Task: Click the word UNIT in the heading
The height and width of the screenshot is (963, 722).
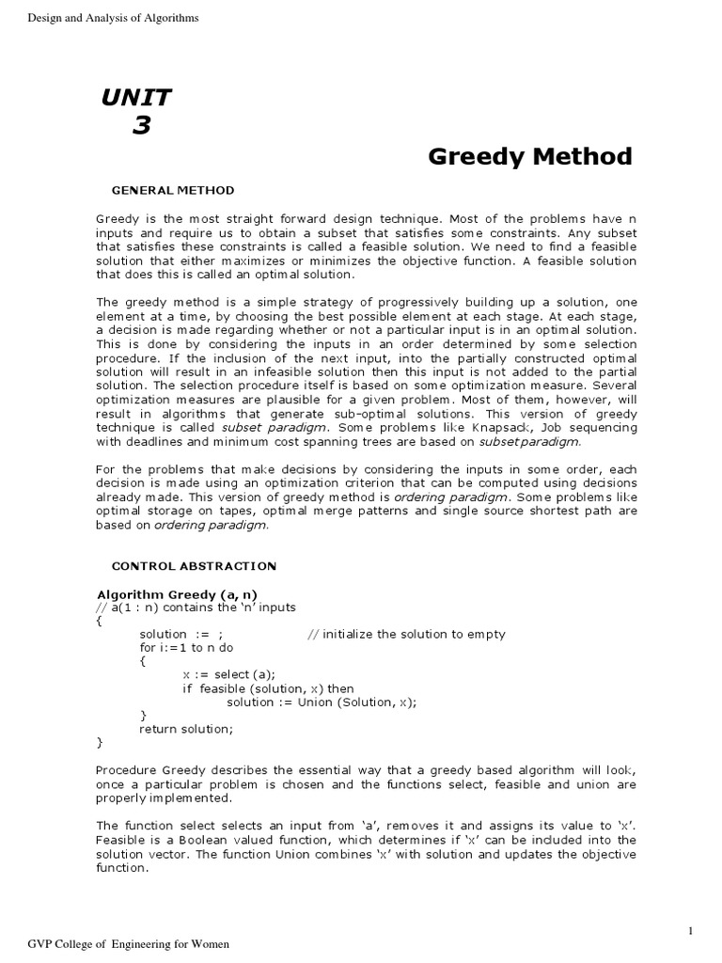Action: pyautogui.click(x=136, y=97)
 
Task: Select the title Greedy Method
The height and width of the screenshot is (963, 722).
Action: pyautogui.click(x=530, y=156)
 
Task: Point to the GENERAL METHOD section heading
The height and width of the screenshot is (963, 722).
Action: pyautogui.click(x=172, y=190)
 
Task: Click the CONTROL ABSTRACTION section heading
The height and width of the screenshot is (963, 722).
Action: pyautogui.click(x=194, y=565)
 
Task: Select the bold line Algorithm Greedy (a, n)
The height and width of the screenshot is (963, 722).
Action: pyautogui.click(x=177, y=594)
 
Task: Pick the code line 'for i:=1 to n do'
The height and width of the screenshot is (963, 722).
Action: pyautogui.click(x=186, y=648)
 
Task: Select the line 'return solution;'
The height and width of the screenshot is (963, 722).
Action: pyautogui.click(x=185, y=729)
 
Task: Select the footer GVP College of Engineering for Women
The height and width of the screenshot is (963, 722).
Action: pyautogui.click(x=128, y=943)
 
